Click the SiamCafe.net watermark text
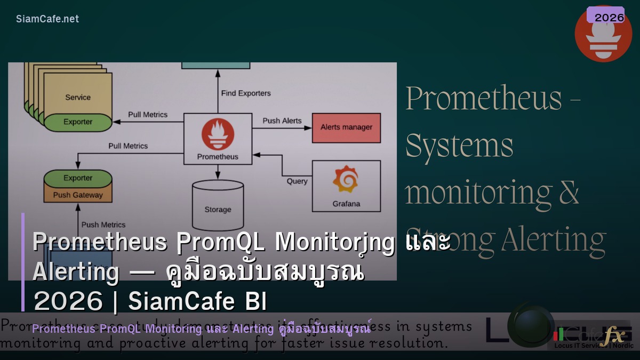click(x=47, y=19)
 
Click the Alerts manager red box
click(x=346, y=127)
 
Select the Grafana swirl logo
click(x=346, y=180)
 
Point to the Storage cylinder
click(x=218, y=205)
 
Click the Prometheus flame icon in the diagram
click(x=218, y=134)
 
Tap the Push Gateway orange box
click(x=78, y=195)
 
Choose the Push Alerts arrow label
click(x=282, y=121)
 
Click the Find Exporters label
click(x=246, y=93)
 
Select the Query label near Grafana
click(x=297, y=181)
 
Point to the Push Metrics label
click(x=103, y=225)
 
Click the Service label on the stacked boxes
click(x=78, y=98)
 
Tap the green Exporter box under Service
click(x=78, y=122)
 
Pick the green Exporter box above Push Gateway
click(x=78, y=178)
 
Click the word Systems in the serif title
click(x=459, y=146)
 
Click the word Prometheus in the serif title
click(x=484, y=98)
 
